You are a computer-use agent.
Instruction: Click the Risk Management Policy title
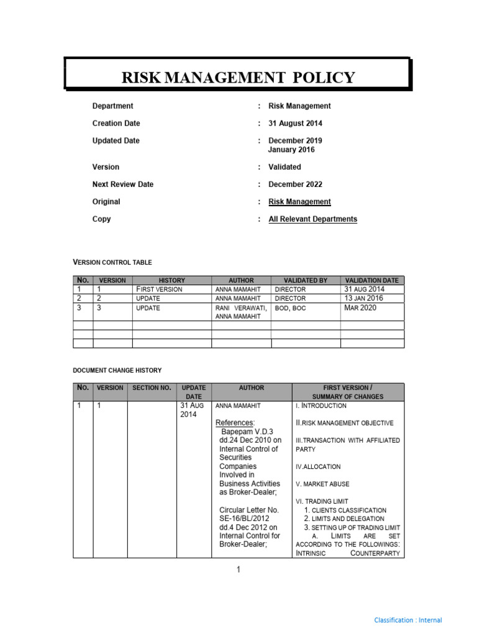pos(238,78)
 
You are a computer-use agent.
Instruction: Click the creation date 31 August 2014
pos(295,124)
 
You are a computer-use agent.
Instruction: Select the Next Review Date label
pos(123,184)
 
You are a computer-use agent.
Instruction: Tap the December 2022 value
pos(295,184)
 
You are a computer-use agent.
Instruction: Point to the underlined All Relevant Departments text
pos(312,219)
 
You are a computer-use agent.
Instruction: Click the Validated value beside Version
pos(284,167)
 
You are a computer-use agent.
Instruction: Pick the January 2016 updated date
pos(291,150)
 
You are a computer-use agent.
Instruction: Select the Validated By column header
pos(306,281)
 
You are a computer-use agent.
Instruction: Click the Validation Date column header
pos(372,281)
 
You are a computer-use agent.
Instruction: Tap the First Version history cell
pos(159,289)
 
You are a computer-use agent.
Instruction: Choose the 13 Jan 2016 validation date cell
pos(364,298)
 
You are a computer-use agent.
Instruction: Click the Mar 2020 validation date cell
pos(360,307)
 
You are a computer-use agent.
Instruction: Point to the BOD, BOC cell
pos(290,308)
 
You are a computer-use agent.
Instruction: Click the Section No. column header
pos(152,388)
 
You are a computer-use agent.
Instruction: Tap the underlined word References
pos(235,423)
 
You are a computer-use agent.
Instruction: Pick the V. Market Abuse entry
pos(322,484)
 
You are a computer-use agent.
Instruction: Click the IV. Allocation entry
pos(318,466)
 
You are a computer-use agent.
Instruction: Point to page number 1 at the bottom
pos(238,570)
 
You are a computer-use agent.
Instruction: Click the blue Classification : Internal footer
pos(408,620)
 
